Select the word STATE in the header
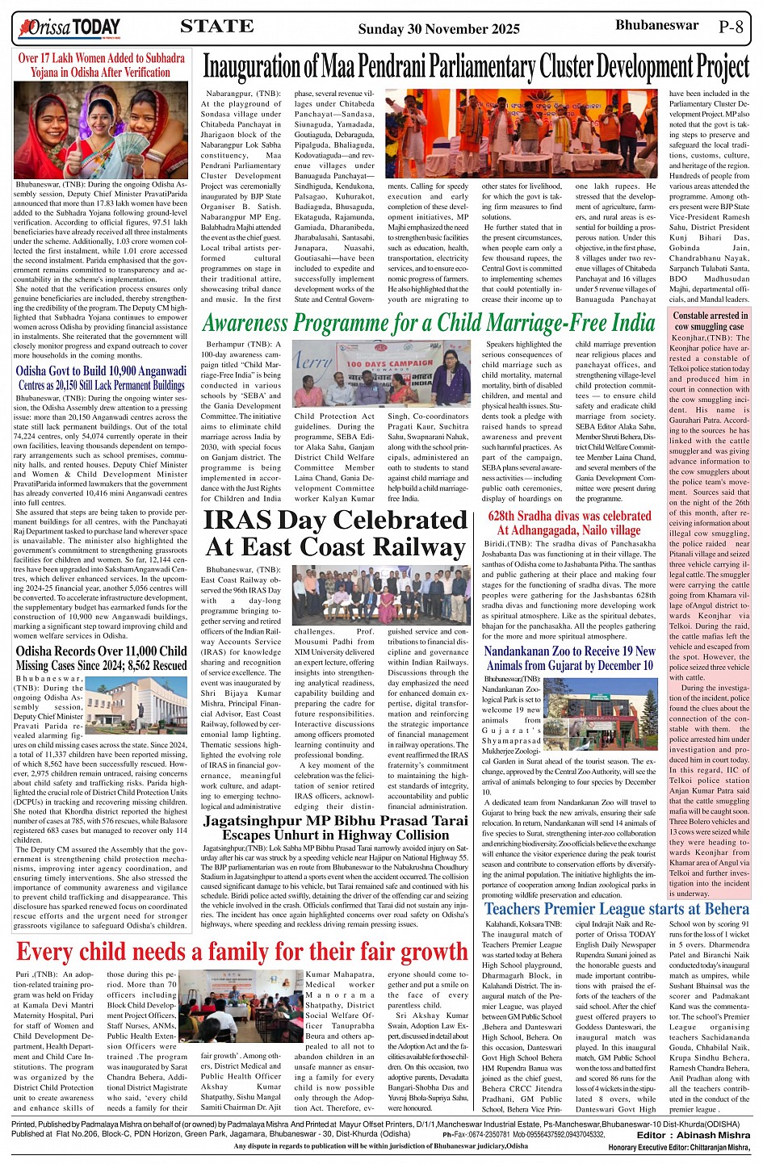tap(216, 26)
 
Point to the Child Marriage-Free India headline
tap(429, 324)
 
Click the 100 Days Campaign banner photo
tap(380, 371)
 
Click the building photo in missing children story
tap(136, 705)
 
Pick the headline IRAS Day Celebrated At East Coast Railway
tap(335, 534)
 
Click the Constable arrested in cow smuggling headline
tap(711, 320)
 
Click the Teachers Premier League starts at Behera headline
tap(617, 908)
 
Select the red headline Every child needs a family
tap(241, 952)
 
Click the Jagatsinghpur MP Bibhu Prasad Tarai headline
tap(336, 827)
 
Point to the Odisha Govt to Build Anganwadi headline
tap(101, 378)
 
